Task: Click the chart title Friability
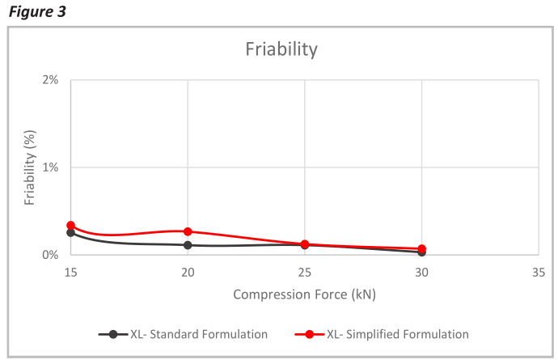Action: (281, 49)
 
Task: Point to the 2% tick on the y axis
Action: (50, 80)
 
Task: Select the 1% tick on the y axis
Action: (50, 167)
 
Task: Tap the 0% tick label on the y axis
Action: (50, 255)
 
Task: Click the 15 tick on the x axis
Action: (70, 273)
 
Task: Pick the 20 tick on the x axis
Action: (188, 273)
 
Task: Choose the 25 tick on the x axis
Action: (305, 273)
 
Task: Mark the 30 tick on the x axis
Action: (421, 273)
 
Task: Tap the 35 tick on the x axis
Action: (539, 273)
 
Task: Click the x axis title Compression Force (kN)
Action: (304, 294)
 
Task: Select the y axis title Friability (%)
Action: (29, 167)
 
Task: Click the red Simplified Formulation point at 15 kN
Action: (70, 226)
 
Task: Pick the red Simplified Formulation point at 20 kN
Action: (188, 231)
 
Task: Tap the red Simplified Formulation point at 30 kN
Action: (421, 248)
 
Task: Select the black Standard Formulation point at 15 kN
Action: (70, 233)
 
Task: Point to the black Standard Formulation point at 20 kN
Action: (188, 245)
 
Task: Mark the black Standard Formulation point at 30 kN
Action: (421, 252)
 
